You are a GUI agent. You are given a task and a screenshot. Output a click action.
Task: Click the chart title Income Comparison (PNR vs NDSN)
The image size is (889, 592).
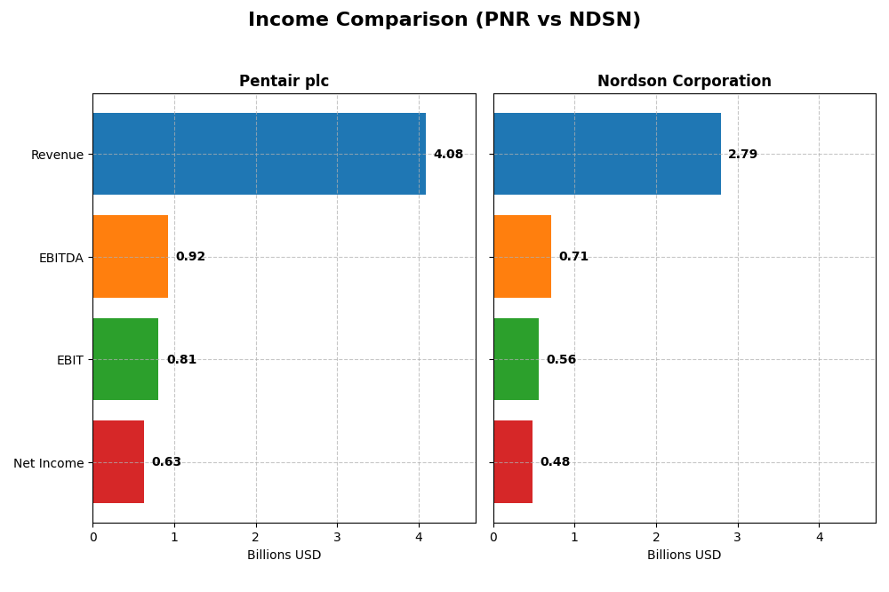coord(444,20)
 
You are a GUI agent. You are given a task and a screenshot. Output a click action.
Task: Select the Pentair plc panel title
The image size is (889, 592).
coord(284,82)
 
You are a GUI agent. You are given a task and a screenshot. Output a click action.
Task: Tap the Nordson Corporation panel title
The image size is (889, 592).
coord(684,82)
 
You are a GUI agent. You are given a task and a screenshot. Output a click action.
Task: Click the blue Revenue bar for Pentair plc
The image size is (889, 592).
coord(259,154)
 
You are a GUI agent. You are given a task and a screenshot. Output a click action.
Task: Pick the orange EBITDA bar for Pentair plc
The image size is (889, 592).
coord(130,257)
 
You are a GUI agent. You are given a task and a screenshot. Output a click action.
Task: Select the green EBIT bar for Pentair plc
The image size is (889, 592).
coord(125,359)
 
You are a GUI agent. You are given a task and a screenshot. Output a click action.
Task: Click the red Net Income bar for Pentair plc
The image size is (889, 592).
coord(118,462)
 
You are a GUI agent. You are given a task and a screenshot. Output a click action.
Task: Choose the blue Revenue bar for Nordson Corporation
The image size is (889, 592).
coord(606,154)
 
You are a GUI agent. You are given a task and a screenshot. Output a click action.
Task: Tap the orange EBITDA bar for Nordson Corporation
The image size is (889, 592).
coord(522,257)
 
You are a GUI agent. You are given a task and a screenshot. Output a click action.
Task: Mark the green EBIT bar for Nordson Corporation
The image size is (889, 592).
coord(516,359)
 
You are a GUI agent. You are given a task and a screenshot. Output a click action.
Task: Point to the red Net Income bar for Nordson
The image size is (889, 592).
coord(513,462)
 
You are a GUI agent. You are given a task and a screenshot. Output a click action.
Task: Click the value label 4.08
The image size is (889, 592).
coord(448,155)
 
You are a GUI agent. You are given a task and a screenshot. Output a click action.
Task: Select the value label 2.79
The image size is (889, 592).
coord(742,155)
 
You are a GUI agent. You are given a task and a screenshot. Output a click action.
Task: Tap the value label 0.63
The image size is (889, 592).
coord(166,462)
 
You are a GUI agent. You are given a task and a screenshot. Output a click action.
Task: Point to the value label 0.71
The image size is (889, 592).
coord(573,257)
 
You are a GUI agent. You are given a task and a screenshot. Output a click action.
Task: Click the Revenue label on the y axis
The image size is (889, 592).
coord(57,155)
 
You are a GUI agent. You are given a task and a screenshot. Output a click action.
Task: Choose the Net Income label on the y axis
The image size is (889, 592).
coord(48,463)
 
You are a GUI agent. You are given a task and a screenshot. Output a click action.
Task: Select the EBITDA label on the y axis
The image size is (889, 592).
coord(60,258)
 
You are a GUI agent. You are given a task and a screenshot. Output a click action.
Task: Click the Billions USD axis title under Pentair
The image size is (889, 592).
coord(284,556)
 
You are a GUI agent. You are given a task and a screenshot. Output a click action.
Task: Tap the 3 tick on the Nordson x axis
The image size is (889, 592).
coord(737,537)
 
